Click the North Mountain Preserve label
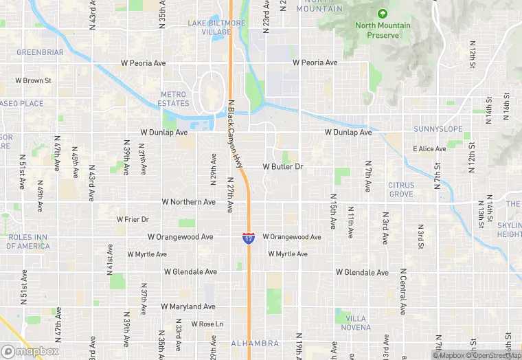tap(383, 30)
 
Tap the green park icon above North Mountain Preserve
tap(383, 13)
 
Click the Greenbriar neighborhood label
tap(40, 52)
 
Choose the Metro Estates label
tap(173, 98)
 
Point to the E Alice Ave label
tap(429, 148)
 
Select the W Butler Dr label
tap(283, 167)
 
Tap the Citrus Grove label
tap(401, 190)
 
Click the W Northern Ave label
tap(188, 202)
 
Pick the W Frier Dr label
tap(133, 219)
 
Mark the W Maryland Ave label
tap(188, 306)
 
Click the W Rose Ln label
tap(207, 324)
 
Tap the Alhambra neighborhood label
tap(255, 343)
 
